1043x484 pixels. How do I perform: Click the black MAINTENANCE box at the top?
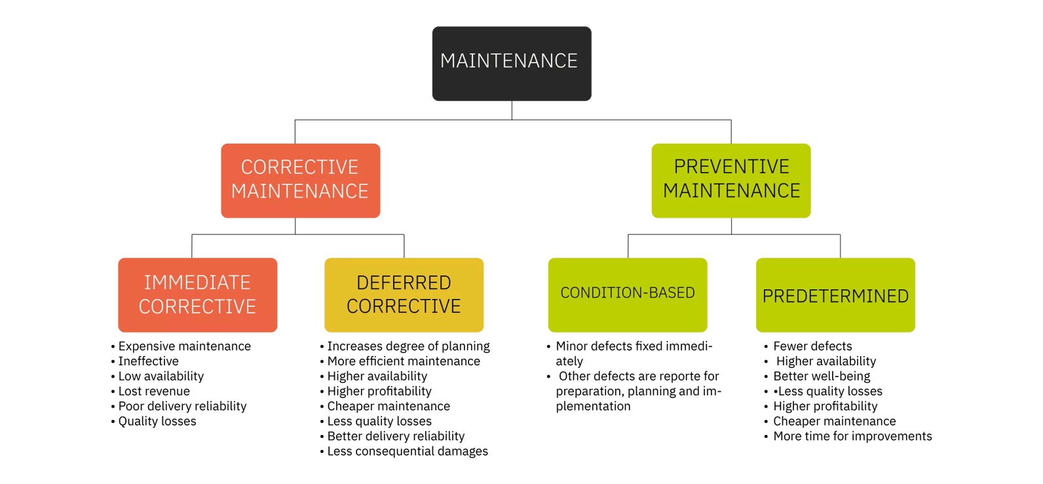point(512,64)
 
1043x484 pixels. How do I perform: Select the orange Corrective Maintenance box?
point(300,180)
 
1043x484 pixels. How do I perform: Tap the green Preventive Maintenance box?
point(731,180)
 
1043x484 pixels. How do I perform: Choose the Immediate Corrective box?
point(197,295)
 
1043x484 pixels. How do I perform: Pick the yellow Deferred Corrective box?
point(404,295)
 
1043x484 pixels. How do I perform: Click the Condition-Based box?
point(627,295)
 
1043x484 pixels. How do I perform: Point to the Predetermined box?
point(835,295)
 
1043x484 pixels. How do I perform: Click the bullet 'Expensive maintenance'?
point(184,346)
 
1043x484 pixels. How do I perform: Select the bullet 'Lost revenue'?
point(154,392)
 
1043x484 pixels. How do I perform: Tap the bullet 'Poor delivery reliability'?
point(182,407)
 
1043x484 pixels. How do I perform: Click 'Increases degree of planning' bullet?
point(408,346)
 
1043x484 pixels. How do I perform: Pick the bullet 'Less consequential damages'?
point(408,451)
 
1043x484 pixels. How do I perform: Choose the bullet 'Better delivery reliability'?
point(396,436)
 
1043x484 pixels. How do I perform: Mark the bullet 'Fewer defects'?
point(812,346)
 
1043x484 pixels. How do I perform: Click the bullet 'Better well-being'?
point(822,376)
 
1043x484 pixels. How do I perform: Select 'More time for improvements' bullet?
point(852,436)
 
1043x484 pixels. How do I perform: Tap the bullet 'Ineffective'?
point(148,361)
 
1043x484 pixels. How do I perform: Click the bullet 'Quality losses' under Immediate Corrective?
point(157,422)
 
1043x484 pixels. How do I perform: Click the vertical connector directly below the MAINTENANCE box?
point(512,110)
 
